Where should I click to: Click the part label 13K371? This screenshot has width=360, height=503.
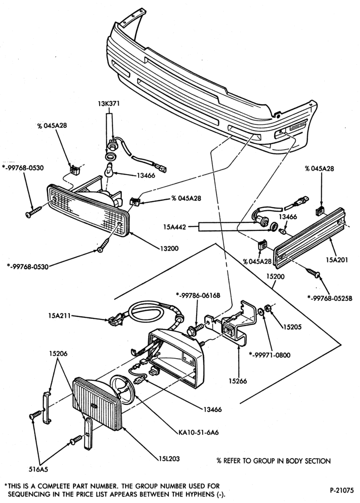pyautogui.click(x=109, y=104)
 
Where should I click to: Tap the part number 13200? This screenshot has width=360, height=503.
pyautogui.click(x=168, y=248)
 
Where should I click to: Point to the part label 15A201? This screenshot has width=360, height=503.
pyautogui.click(x=336, y=260)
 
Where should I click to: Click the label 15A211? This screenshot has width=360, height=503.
pyautogui.click(x=60, y=316)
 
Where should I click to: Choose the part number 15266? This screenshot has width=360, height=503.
pyautogui.click(x=238, y=381)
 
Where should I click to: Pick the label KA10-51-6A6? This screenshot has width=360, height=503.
pyautogui.click(x=199, y=433)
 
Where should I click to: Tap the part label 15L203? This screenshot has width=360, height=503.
pyautogui.click(x=169, y=459)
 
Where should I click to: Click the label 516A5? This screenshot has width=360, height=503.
pyautogui.click(x=38, y=469)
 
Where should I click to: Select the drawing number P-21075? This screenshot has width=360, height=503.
pyautogui.click(x=342, y=490)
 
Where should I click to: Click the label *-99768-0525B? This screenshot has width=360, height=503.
pyautogui.click(x=330, y=298)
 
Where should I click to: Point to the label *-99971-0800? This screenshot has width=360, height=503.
pyautogui.click(x=269, y=355)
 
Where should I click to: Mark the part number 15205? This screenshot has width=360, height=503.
pyautogui.click(x=292, y=327)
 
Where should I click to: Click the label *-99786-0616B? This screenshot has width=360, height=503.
pyautogui.click(x=198, y=295)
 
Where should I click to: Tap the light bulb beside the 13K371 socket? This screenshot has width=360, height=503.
pyautogui.click(x=109, y=170)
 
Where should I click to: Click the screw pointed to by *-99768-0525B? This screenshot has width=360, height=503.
pyautogui.click(x=314, y=272)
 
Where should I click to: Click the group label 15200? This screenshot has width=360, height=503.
pyautogui.click(x=275, y=276)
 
